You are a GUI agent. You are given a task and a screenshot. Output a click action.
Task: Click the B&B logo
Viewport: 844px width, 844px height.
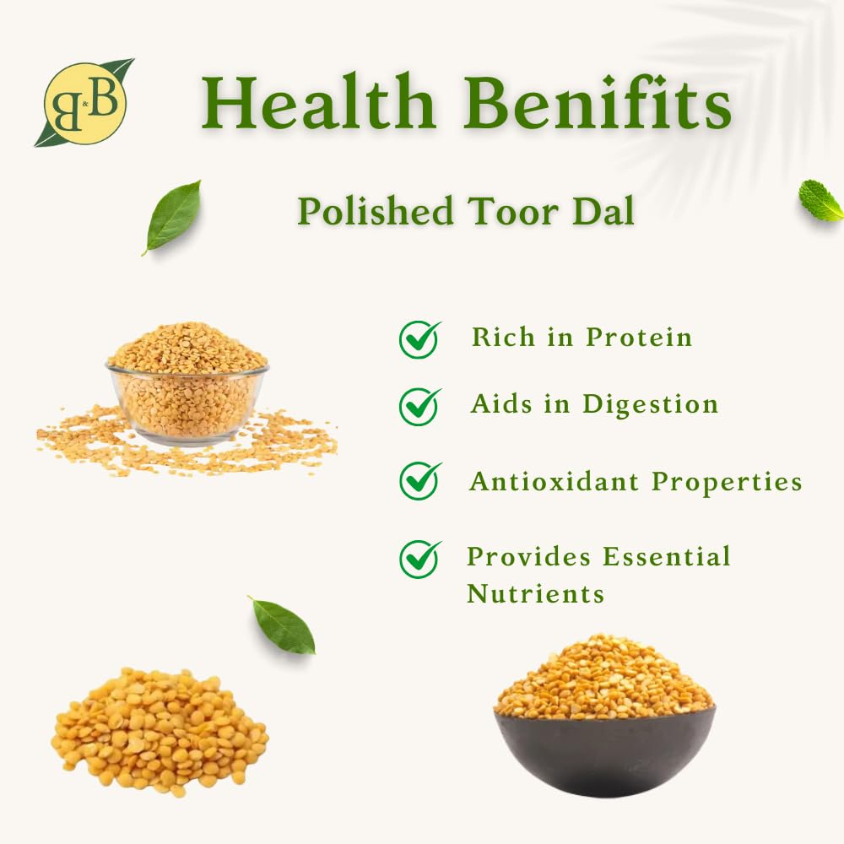84,103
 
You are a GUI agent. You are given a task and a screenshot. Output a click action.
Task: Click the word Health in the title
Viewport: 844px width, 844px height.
318,102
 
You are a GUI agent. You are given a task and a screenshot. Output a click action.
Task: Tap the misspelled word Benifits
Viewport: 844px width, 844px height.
597,102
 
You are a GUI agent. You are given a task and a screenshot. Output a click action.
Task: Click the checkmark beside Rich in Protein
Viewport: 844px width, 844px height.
419,339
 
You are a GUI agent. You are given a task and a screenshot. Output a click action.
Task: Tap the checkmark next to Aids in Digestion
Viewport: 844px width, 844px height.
419,407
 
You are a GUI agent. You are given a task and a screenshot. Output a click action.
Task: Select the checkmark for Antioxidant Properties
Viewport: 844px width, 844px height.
419,481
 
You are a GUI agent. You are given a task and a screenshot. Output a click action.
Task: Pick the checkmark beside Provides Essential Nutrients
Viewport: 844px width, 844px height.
419,559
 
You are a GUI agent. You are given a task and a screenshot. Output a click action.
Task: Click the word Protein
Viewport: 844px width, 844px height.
639,338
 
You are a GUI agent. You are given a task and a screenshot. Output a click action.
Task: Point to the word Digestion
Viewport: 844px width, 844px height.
650,405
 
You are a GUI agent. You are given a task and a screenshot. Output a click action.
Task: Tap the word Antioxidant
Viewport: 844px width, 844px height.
554,481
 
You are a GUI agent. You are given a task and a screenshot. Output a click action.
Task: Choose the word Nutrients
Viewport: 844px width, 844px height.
536,593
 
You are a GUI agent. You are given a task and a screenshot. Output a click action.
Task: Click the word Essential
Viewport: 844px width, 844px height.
667,556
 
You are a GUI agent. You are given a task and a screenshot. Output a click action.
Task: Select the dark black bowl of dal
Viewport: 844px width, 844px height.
605,716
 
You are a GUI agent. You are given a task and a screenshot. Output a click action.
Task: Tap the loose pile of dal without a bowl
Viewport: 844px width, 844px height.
160,731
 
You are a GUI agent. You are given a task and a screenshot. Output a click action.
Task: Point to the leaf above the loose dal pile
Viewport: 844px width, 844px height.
282,625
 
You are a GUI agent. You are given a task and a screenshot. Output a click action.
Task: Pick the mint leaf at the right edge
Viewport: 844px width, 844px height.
820,200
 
